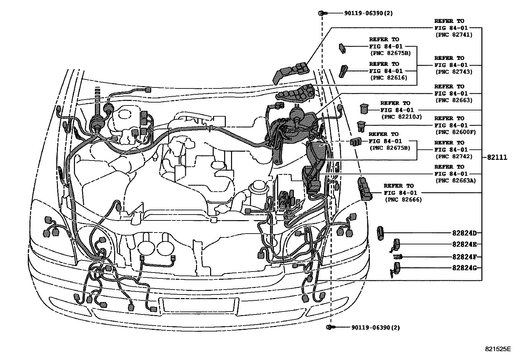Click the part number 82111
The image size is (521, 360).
(x=497, y=158)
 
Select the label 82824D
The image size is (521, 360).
(x=464, y=234)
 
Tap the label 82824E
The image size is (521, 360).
(x=464, y=244)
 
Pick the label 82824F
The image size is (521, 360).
(x=464, y=257)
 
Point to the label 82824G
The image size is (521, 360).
(x=464, y=268)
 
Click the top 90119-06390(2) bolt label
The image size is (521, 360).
(x=368, y=13)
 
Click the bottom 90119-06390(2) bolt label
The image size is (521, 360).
(x=375, y=327)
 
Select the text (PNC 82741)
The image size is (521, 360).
(x=453, y=35)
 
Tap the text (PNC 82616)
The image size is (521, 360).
(x=388, y=78)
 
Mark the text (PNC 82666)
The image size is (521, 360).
(x=403, y=200)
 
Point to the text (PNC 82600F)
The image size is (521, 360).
(x=455, y=132)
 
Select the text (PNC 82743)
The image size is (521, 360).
(x=453, y=72)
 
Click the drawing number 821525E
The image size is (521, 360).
(x=497, y=349)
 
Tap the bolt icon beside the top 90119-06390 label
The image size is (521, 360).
(x=322, y=13)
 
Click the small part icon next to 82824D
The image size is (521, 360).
(x=380, y=233)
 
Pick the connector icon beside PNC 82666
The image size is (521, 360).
(x=365, y=189)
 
